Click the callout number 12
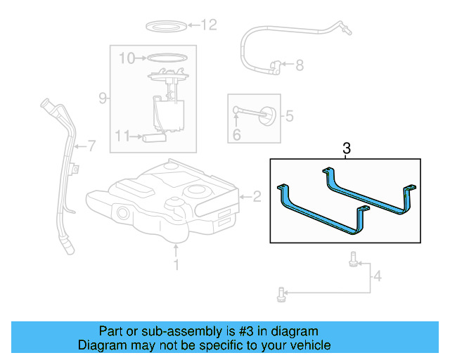tap(210, 25)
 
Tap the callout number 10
tap(126, 58)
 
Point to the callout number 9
tap(102, 98)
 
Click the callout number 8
tap(299, 65)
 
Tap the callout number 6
tap(236, 135)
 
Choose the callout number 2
tap(257, 197)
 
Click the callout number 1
tap(176, 264)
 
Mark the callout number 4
tap(377, 276)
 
